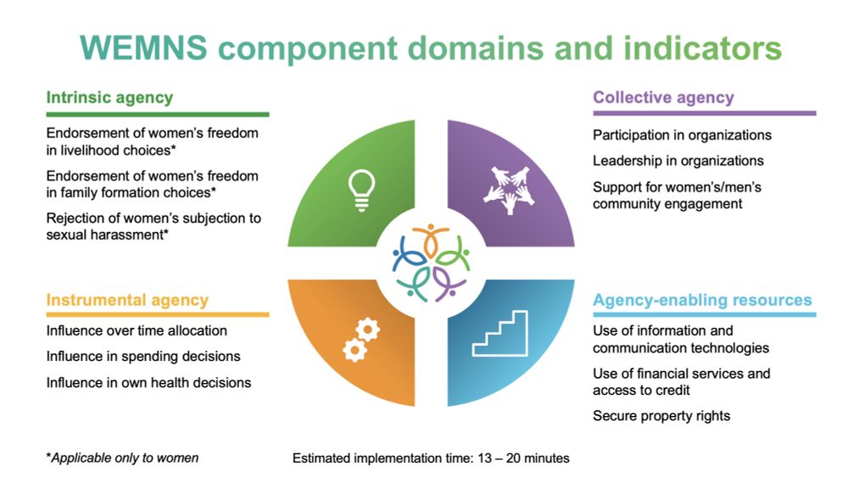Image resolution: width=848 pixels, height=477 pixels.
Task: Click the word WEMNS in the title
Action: pos(143,47)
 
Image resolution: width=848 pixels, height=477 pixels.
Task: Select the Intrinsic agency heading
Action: pos(109,97)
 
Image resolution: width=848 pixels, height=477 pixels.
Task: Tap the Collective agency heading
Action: pos(664,97)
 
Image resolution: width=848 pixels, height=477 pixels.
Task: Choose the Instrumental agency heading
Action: pos(127,301)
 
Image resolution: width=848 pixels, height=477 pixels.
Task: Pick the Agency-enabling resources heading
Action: pos(702,301)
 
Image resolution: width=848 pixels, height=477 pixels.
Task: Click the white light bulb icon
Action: pos(361,190)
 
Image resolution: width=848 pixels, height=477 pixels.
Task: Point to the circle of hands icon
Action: pos(509,190)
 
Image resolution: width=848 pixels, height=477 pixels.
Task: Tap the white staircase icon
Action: pos(499,333)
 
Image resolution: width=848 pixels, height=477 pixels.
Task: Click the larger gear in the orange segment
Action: pos(368,329)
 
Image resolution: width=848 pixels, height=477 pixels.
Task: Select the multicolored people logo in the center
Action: pos(431,263)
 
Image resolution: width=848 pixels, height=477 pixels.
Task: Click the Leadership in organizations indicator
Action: pos(678,161)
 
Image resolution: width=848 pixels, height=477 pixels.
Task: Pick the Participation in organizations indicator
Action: pos(682,135)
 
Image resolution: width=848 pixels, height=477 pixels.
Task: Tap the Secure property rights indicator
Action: pos(661,416)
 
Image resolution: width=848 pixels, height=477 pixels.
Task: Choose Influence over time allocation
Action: pos(137,330)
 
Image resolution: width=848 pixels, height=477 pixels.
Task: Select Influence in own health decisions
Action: pos(148,383)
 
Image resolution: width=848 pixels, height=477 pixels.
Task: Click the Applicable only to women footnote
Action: pos(122,458)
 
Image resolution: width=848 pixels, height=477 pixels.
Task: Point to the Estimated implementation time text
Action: pos(431,458)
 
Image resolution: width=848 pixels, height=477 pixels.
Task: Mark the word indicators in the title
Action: pos(702,47)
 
